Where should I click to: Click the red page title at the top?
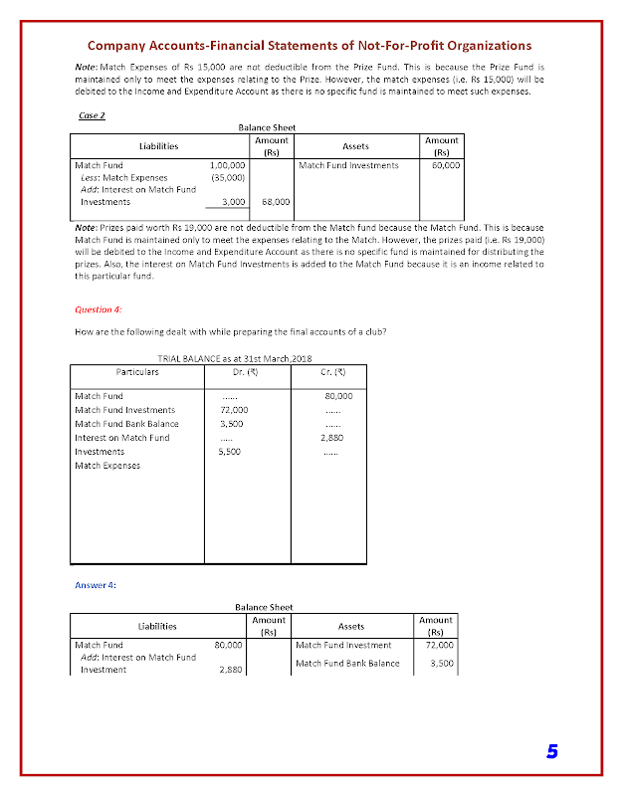[310, 45]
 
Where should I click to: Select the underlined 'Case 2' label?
[91, 115]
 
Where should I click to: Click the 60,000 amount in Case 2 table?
[445, 165]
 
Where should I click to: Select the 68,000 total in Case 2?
[275, 201]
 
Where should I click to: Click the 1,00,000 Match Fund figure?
[228, 165]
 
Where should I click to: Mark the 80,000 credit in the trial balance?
[339, 396]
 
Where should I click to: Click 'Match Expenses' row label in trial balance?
[107, 465]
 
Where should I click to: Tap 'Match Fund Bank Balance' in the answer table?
[347, 663]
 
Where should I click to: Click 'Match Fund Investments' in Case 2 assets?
[348, 165]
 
